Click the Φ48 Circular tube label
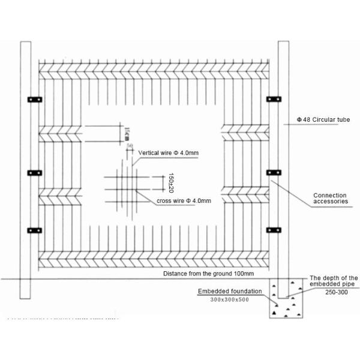pos(323,120)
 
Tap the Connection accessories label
pos(330,199)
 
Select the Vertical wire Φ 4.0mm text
pos(168,153)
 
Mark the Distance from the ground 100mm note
pos(209,274)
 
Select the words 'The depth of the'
pos(333,278)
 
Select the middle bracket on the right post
pos(274,173)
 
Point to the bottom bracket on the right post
pos(274,229)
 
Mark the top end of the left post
pos(25,44)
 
